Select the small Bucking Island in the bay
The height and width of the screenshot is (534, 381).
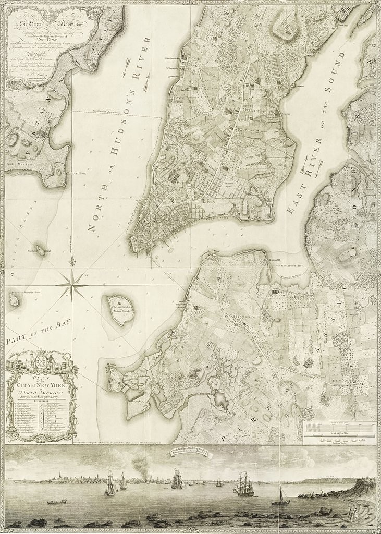(x=40, y=250)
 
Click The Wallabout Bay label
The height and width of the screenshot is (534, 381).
(x=289, y=266)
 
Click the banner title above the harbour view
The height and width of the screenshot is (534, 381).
(x=187, y=452)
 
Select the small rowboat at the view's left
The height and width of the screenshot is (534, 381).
(x=56, y=502)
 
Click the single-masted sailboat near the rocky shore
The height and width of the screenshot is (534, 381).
(x=280, y=497)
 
